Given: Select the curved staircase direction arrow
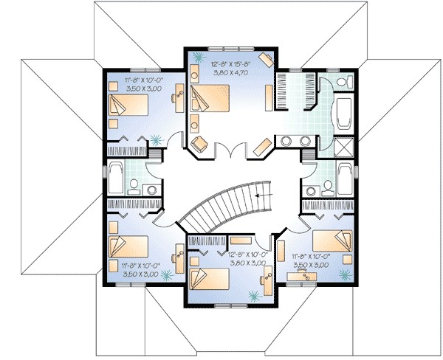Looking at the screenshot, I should click(x=257, y=195).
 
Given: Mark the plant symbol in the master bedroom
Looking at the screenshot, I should click(x=197, y=56).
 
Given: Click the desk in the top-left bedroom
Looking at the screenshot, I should click(x=178, y=96).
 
